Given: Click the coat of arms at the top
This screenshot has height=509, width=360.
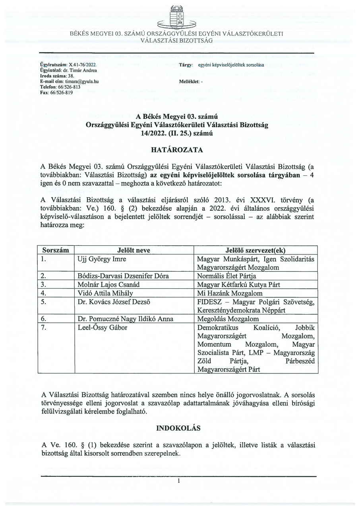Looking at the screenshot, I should click(177, 18).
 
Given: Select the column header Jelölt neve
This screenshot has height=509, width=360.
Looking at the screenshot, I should click(134, 251).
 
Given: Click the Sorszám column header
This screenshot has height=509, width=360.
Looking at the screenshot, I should click(56, 251).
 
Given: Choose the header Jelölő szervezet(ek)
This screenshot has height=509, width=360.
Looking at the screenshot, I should click(255, 251).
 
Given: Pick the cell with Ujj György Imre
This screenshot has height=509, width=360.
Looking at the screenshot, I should click(100, 259).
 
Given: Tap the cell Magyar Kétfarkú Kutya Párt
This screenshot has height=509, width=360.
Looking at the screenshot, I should click(235, 284).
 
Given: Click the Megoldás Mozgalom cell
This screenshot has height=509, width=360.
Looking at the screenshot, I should click(228, 319).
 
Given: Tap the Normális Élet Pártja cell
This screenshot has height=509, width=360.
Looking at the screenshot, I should click(227, 276).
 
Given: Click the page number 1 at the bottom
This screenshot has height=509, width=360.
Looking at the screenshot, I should click(179, 481).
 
